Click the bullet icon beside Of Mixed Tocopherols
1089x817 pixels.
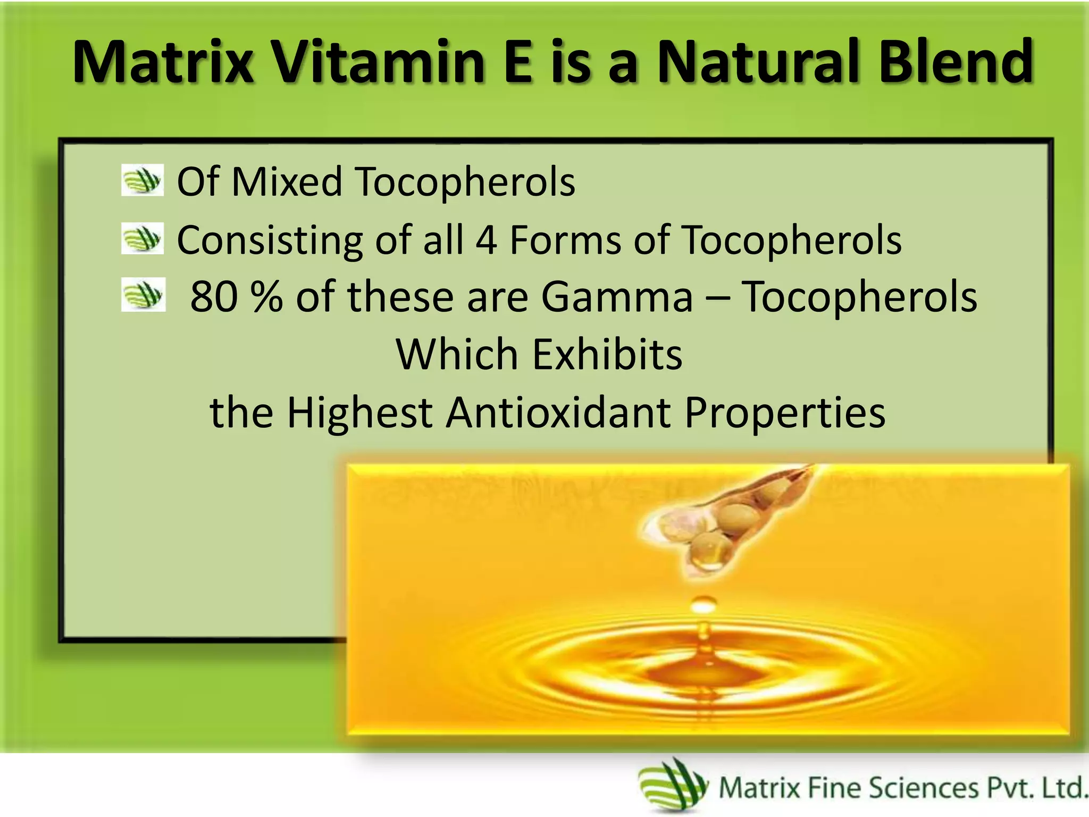click(142, 180)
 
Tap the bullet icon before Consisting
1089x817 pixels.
click(142, 238)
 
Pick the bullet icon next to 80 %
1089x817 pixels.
click(143, 294)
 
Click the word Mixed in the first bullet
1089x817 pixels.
click(287, 182)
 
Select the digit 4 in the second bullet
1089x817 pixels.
click(486, 240)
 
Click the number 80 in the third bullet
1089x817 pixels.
click(214, 297)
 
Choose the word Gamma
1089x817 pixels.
click(617, 297)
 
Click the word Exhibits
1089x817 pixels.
click(607, 355)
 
